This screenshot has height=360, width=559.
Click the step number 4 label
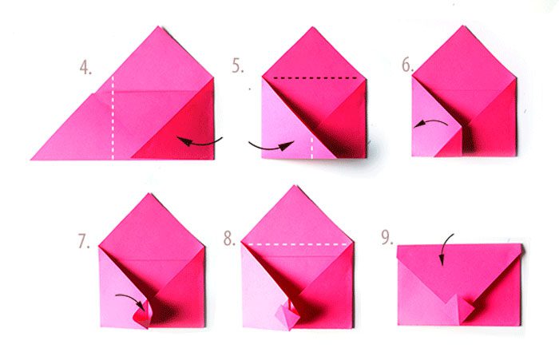tap(85, 68)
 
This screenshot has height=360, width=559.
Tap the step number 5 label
tap(238, 65)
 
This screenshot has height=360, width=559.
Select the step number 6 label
tap(408, 65)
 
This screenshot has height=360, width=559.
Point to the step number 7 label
tap(84, 241)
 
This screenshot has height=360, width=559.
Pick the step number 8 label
tap(230, 239)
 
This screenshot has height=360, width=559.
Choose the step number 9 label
tap(387, 237)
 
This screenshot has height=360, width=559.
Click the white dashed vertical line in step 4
tap(113, 117)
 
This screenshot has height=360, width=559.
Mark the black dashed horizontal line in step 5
tap(315, 77)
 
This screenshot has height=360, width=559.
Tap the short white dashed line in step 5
tap(311, 148)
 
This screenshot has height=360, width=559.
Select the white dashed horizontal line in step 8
tap(297, 244)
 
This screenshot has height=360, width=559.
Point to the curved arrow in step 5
tap(270, 147)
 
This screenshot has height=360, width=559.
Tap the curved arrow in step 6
tap(431, 122)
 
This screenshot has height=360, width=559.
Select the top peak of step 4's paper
tap(158, 26)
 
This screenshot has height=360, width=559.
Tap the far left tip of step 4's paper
tap(31, 160)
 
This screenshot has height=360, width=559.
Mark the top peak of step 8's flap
tap(295, 186)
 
